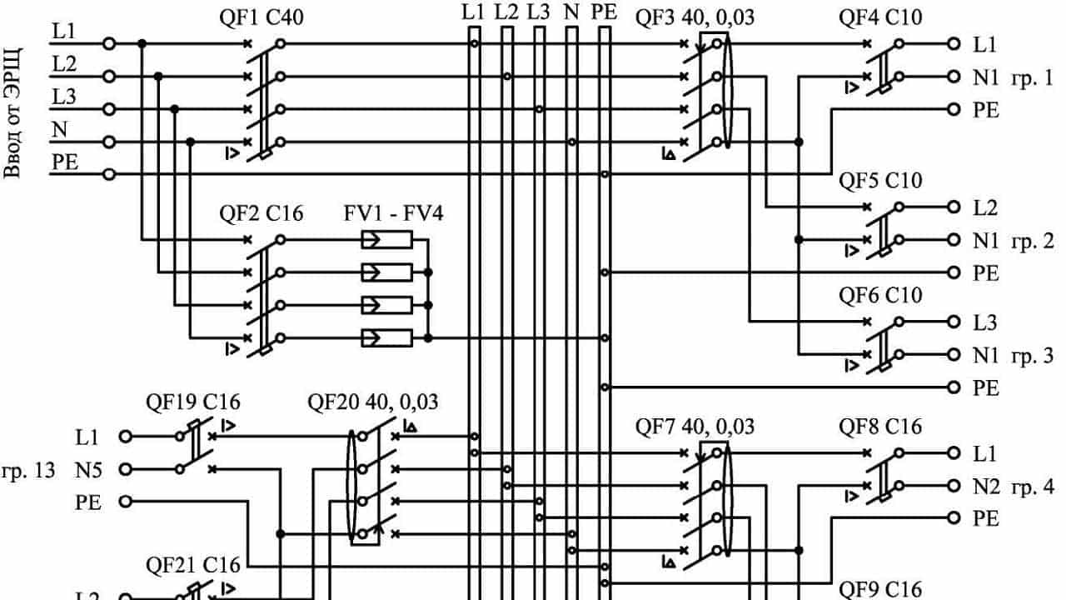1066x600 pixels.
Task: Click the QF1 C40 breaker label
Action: click(262, 16)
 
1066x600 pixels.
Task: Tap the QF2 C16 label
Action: click(262, 214)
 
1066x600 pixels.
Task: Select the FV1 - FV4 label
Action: click(393, 214)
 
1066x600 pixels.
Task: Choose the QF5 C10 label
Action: click(880, 181)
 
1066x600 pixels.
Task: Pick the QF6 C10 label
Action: click(880, 296)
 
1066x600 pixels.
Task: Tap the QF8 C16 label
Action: click(880, 427)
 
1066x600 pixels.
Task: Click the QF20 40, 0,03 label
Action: click(373, 403)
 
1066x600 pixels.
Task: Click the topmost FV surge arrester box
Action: click(386, 240)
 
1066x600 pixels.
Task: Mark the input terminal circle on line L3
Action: click(107, 109)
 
